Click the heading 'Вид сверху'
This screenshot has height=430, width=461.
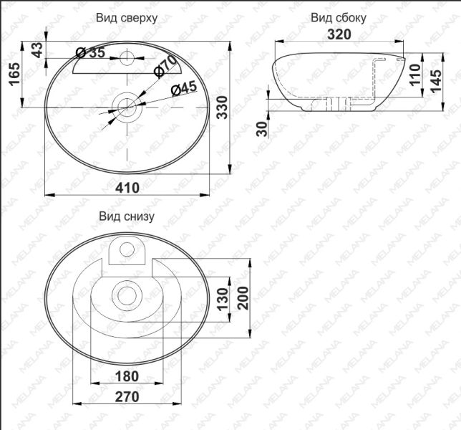[126, 16]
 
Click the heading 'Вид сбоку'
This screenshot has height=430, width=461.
[339, 17]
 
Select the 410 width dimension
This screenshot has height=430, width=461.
[128, 187]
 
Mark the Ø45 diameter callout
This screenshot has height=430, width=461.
[183, 89]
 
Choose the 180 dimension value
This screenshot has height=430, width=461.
[127, 376]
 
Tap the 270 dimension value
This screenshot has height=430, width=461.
[127, 396]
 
